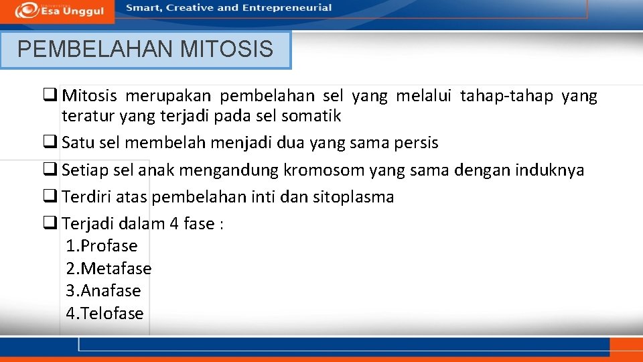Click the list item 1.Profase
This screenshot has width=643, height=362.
[102, 246]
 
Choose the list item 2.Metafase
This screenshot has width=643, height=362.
[109, 269]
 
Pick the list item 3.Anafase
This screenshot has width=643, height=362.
[103, 291]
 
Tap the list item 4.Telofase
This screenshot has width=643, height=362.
[104, 314]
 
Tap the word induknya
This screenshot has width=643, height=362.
[549, 170]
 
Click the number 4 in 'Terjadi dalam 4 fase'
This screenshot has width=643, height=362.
[174, 224]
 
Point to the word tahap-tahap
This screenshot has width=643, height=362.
[506, 97]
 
